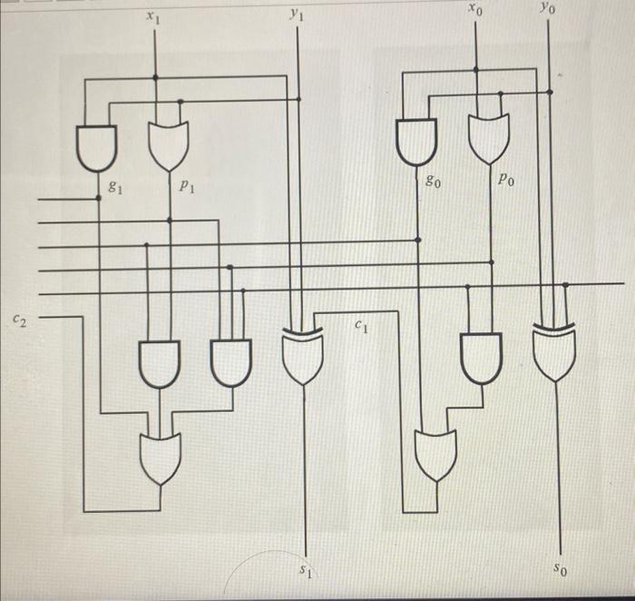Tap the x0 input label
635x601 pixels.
point(475,10)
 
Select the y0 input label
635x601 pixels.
point(544,8)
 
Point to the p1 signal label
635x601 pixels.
point(185,188)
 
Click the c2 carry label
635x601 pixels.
point(19,319)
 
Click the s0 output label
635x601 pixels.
point(562,570)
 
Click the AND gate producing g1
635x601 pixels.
point(96,146)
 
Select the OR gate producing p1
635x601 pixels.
point(169,146)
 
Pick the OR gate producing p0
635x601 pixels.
point(488,138)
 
